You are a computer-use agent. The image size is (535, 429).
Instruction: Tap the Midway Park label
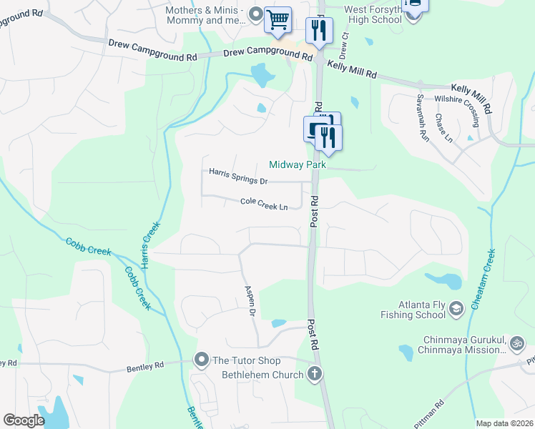(x=298, y=164)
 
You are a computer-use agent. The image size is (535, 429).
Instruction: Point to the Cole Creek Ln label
(x=263, y=204)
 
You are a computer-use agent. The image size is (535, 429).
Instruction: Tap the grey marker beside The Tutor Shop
(x=202, y=360)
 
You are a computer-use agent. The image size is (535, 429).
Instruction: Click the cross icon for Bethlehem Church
(x=313, y=373)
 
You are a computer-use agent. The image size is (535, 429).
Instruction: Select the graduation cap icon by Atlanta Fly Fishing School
(x=455, y=309)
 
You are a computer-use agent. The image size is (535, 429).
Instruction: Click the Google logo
(x=24, y=420)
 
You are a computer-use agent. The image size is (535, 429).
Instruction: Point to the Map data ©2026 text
(x=504, y=423)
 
